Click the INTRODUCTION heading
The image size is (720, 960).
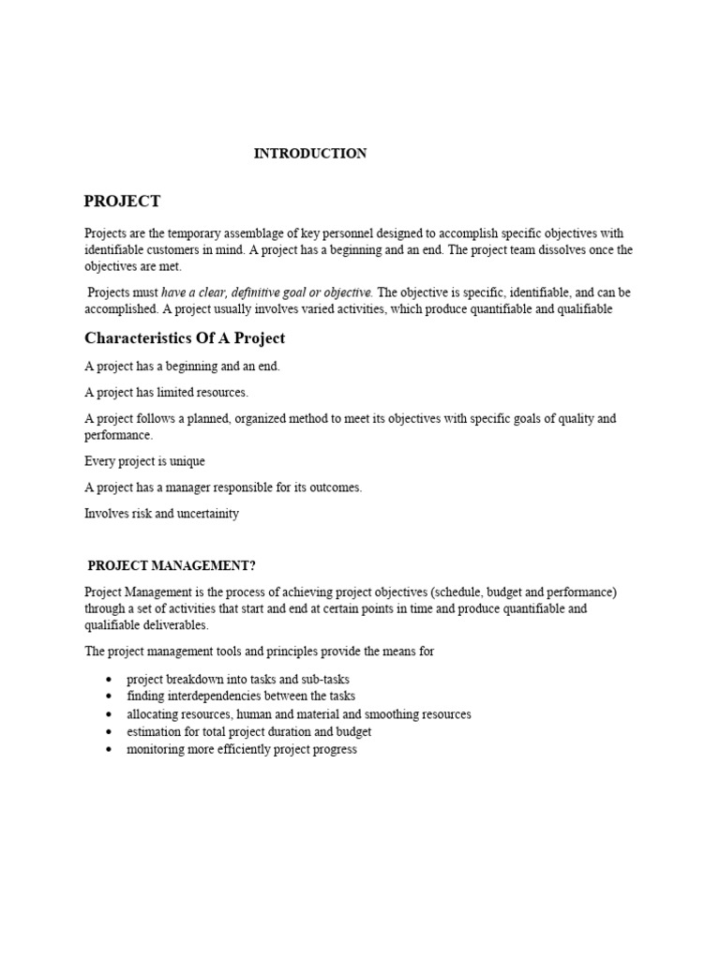[310, 154]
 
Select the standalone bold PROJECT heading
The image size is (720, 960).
[122, 202]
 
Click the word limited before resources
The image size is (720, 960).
[171, 393]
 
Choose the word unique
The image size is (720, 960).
[186, 461]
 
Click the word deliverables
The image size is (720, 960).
[174, 625]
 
